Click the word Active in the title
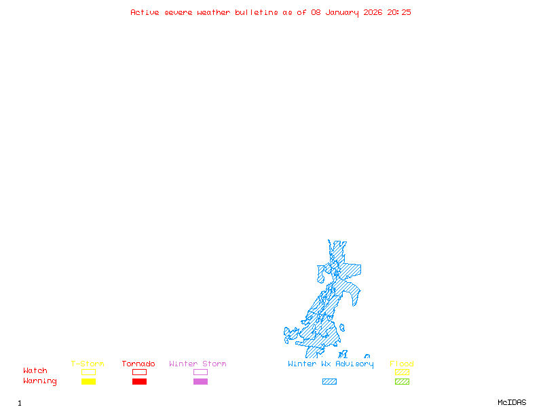(x=145, y=12)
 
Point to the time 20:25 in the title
(x=399, y=12)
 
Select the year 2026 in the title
(x=373, y=12)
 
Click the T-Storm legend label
(x=88, y=364)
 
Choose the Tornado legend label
(x=138, y=364)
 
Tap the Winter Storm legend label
(x=198, y=364)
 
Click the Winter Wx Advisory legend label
(x=331, y=364)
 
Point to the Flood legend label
(x=402, y=364)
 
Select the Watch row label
(x=35, y=371)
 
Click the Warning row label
(x=40, y=381)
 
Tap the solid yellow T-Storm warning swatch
(x=88, y=382)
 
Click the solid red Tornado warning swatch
(x=139, y=382)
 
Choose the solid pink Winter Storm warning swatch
(x=200, y=382)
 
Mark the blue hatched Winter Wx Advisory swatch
(x=329, y=382)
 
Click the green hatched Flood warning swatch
(x=402, y=382)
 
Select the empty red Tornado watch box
(x=139, y=372)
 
